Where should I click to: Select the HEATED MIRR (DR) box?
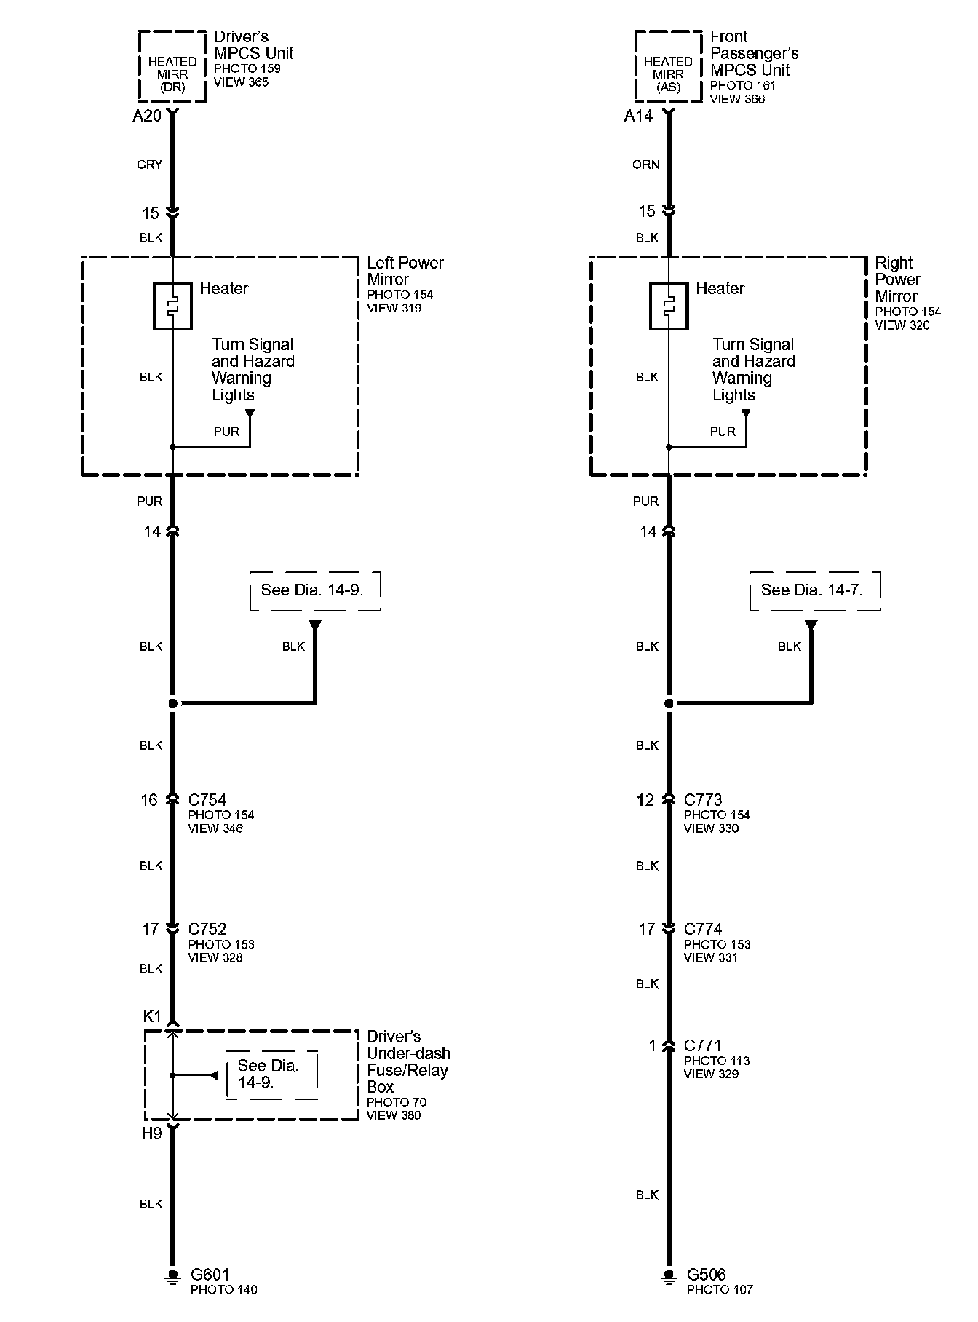[172, 67]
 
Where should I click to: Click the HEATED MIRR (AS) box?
[668, 67]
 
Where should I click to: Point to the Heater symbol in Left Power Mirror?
[172, 306]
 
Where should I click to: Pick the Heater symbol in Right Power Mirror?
[668, 306]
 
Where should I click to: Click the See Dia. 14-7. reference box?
[814, 590]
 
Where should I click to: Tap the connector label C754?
[207, 800]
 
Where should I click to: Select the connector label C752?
[207, 929]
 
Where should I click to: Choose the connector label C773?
[703, 800]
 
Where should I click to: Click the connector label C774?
[703, 929]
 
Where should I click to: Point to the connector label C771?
[702, 1045]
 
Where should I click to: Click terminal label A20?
[147, 116]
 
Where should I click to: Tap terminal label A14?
[638, 116]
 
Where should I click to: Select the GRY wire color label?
[149, 165]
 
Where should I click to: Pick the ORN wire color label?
[645, 165]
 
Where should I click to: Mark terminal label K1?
[151, 1016]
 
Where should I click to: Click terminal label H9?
[151, 1133]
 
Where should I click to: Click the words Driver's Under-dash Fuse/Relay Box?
[407, 1061]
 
